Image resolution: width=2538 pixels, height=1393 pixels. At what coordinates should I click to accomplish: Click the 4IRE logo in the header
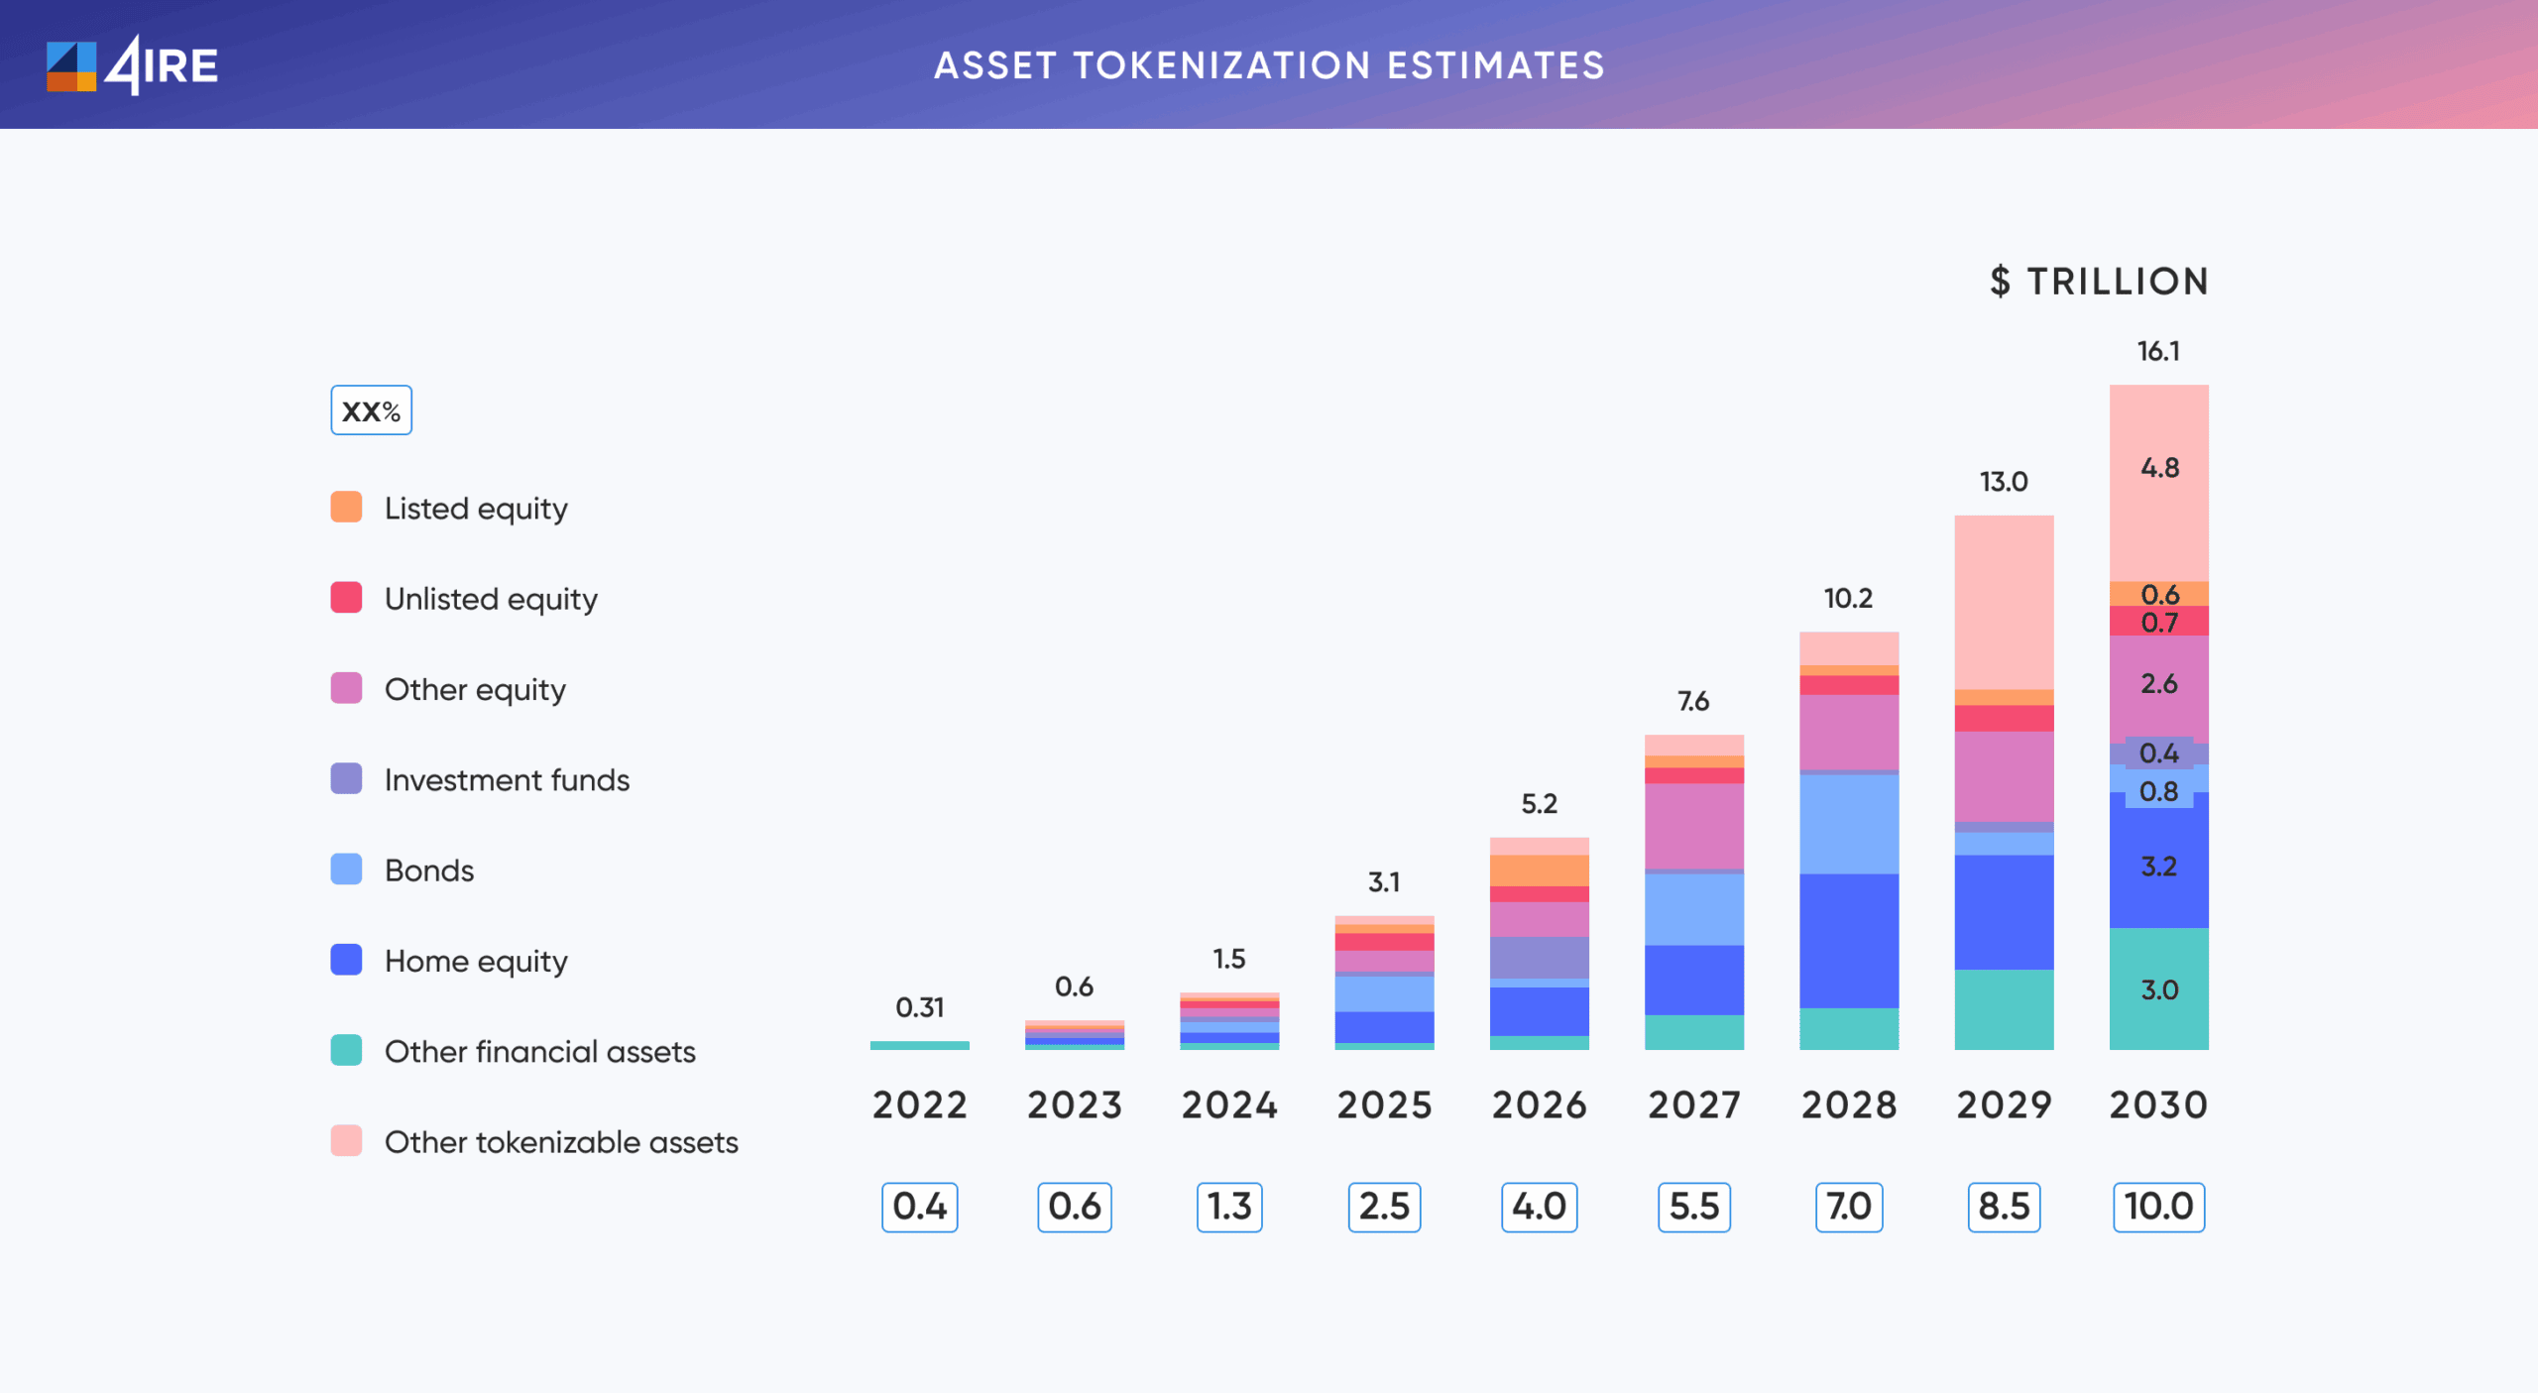[132, 65]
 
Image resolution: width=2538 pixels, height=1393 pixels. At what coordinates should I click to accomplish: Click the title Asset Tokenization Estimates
[1269, 65]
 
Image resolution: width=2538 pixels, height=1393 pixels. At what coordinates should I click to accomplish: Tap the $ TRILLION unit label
[2099, 282]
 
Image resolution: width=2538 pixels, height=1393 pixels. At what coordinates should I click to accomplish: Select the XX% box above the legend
[371, 410]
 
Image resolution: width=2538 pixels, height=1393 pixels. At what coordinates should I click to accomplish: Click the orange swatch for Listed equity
[346, 507]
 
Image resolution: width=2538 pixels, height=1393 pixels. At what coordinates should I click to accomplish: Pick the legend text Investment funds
[507, 780]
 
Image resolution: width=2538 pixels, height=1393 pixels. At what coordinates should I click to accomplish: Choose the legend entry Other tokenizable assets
[561, 1142]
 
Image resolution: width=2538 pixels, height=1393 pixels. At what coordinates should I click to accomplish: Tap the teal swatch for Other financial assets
[346, 1050]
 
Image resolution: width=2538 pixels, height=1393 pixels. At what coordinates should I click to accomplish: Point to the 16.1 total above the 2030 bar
[2158, 351]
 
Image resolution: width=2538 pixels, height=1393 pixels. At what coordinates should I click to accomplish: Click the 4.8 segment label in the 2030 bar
[2159, 468]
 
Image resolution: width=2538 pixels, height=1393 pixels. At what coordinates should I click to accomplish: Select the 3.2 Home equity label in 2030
[2159, 867]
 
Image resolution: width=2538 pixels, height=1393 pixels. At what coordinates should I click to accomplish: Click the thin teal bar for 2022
[919, 1045]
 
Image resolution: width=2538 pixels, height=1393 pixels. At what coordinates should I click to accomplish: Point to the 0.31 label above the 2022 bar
[919, 1007]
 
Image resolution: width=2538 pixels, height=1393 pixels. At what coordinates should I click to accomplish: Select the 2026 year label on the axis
[1539, 1104]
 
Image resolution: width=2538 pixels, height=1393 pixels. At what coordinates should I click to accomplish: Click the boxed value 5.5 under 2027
[1693, 1207]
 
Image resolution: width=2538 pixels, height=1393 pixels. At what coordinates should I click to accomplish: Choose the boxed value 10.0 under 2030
[2158, 1207]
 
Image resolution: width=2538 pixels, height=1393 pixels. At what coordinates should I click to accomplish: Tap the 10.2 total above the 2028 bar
[1848, 598]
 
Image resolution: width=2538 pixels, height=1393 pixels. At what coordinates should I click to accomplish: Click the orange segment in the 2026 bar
[1539, 871]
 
